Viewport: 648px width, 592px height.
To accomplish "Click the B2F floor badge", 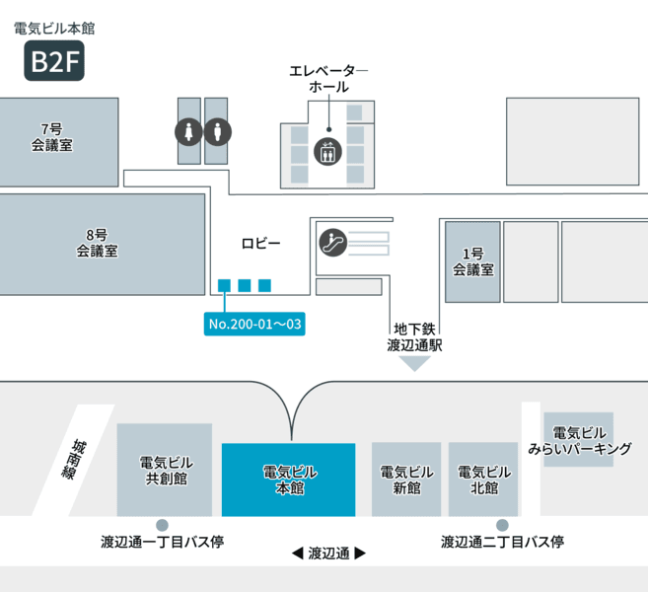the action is (x=54, y=60).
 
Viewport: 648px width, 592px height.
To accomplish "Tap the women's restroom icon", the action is (x=188, y=132).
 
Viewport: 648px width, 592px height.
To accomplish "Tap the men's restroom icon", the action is (x=218, y=132).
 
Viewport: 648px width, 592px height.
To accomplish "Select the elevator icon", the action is (x=327, y=152).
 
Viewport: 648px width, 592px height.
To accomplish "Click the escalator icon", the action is (x=333, y=243).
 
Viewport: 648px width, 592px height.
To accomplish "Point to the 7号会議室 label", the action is (x=52, y=137).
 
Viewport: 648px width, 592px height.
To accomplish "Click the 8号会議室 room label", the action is (x=97, y=243).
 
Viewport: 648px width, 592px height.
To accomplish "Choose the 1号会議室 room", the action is (x=472, y=261).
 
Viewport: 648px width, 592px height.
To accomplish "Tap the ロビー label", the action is (x=260, y=244).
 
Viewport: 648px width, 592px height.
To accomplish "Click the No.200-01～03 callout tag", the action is (x=254, y=324).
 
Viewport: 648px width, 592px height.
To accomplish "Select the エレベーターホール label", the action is (x=328, y=79).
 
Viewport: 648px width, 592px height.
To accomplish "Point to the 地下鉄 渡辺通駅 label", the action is (x=414, y=336).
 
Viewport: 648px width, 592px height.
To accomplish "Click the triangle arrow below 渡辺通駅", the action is (x=414, y=363).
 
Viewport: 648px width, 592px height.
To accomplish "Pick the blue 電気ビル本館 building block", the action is (x=288, y=480).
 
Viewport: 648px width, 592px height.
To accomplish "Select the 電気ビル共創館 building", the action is (x=165, y=470).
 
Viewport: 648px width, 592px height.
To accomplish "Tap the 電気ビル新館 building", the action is (x=406, y=480).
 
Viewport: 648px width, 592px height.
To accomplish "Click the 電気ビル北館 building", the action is (x=483, y=480).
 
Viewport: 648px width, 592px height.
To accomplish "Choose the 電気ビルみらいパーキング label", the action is (x=580, y=441).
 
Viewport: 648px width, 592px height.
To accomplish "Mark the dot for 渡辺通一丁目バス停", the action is (x=162, y=525).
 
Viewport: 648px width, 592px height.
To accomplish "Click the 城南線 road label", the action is (x=74, y=460).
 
